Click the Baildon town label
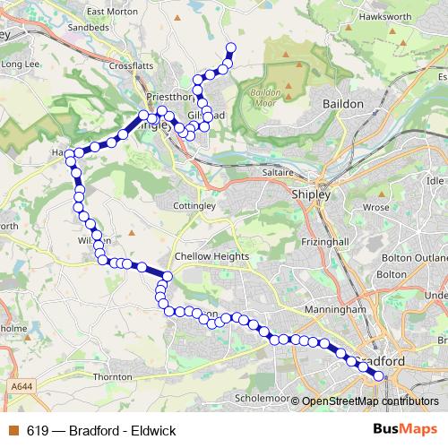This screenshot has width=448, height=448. click(343, 104)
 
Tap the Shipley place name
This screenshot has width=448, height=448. click(311, 194)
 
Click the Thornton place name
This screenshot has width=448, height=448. click(112, 378)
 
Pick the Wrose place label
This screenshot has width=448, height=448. click(376, 207)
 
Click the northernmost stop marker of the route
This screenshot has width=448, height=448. click(230, 47)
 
